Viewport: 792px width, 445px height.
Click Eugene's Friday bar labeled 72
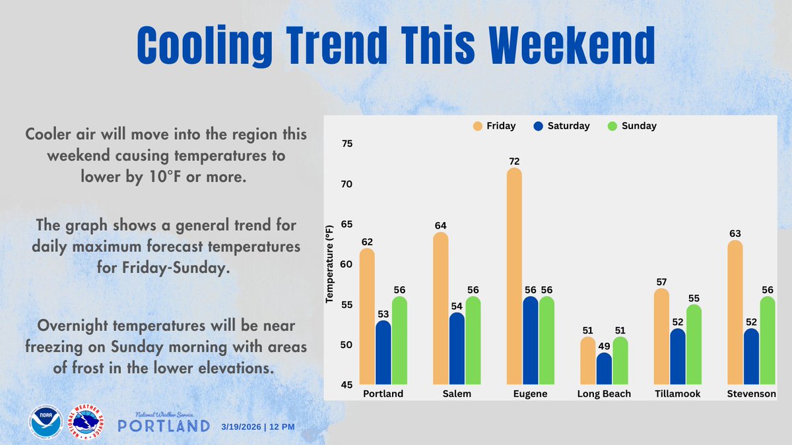514,277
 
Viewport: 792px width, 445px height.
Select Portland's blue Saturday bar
383,353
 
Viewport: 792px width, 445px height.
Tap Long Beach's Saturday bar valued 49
604,369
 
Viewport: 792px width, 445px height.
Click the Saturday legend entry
561,125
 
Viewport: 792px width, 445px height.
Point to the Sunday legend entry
630,125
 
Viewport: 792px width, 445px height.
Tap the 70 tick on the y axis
346,185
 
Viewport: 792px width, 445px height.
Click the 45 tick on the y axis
346,385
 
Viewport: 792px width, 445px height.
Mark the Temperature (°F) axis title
329,264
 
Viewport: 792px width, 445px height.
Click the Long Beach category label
604,394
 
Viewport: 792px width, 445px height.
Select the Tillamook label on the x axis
678,394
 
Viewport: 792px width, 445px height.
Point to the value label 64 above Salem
441,225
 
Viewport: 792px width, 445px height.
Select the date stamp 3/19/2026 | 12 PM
257,427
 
